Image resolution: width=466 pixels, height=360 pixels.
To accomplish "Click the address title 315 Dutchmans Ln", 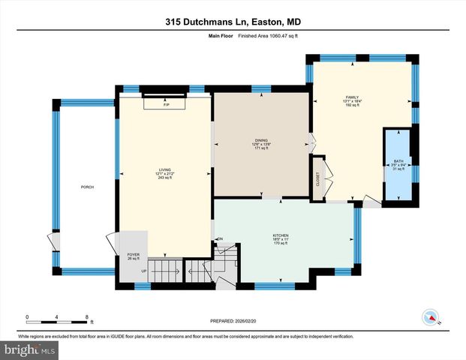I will [233, 22].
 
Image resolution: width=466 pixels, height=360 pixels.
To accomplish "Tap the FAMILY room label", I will [353, 97].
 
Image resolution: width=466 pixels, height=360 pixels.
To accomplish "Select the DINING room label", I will [262, 141].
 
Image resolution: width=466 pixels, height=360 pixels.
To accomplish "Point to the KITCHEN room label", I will [281, 235].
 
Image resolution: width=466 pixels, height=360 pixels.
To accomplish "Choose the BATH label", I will [398, 161].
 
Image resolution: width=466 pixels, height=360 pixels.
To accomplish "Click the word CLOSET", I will [318, 179].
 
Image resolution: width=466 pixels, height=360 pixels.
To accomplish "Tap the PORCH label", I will [88, 187].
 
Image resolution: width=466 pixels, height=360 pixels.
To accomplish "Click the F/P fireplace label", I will [167, 106].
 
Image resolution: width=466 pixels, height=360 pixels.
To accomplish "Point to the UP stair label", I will [143, 271].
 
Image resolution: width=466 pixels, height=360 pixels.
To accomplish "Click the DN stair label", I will [220, 239].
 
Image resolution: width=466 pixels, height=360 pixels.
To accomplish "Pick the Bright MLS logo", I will [29, 349].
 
